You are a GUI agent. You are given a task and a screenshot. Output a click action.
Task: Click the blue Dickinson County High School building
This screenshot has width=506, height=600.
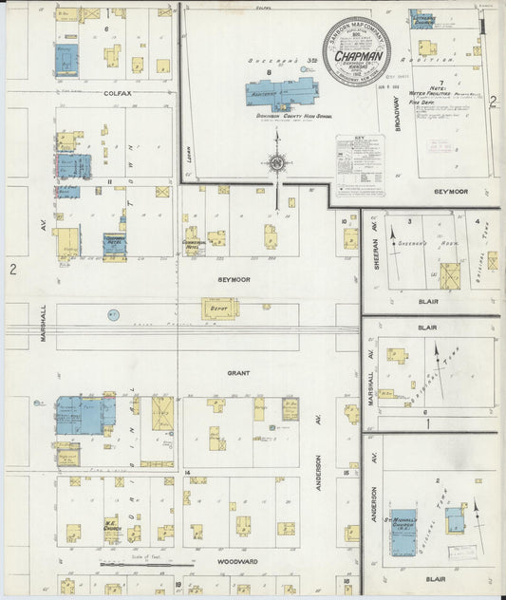coord(281,94)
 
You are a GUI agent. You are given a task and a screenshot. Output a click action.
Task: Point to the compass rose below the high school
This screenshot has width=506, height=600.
coord(277,162)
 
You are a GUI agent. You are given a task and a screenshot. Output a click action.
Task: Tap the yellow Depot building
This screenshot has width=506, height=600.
coord(219,309)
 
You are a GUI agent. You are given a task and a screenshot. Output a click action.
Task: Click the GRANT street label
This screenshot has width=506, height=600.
coord(237,373)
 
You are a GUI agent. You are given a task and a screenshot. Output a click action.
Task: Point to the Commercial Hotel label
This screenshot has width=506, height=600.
coord(195,243)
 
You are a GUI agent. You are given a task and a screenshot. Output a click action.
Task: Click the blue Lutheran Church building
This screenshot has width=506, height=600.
coord(422,18)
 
